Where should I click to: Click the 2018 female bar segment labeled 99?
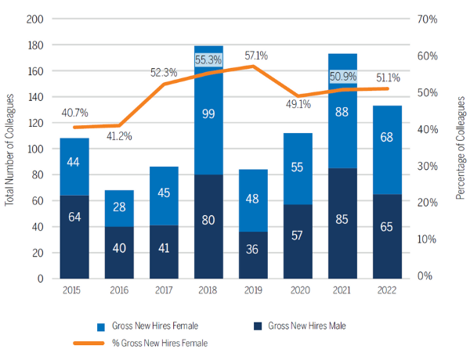pyautogui.click(x=209, y=113)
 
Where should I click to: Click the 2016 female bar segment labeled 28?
pyautogui.click(x=119, y=208)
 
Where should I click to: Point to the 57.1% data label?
pyautogui.click(x=256, y=56)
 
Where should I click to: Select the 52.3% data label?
pyautogui.click(x=164, y=73)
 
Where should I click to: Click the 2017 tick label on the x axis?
pyautogui.click(x=164, y=289)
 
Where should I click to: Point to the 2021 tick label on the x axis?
pyautogui.click(x=342, y=289)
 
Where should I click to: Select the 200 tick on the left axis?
pyautogui.click(x=35, y=19)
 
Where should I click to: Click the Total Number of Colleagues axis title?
pyautogui.click(x=9, y=149)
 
